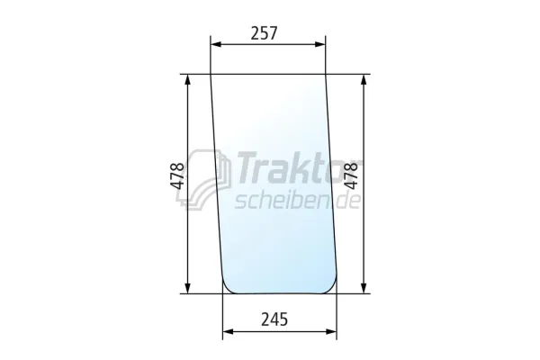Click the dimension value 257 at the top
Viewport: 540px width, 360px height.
[x=264, y=33]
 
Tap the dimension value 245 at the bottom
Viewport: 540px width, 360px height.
[x=274, y=319]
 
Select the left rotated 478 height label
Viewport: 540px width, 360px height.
[x=177, y=175]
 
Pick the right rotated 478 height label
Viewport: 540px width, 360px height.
[x=351, y=175]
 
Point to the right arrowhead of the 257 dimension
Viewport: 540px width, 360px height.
[x=320, y=44]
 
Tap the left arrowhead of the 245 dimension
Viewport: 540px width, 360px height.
[x=228, y=331]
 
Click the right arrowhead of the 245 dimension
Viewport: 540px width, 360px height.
[x=331, y=331]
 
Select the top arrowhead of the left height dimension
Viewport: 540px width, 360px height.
[x=188, y=79]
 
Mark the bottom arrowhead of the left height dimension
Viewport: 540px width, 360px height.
[x=188, y=288]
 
